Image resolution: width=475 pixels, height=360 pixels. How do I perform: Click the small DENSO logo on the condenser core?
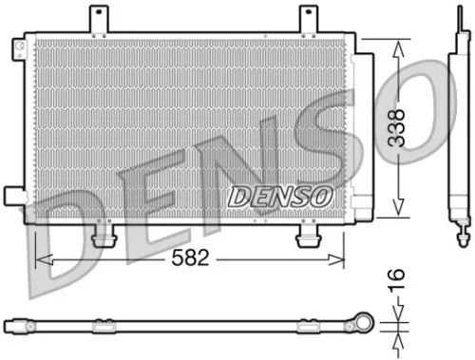point(280,196)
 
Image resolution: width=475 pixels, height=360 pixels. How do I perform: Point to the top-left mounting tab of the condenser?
point(97,18)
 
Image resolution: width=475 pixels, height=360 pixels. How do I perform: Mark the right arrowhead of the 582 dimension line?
point(340,258)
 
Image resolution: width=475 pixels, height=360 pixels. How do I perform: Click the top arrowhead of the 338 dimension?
point(398,47)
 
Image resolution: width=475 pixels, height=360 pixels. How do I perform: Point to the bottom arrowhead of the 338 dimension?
point(398,213)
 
